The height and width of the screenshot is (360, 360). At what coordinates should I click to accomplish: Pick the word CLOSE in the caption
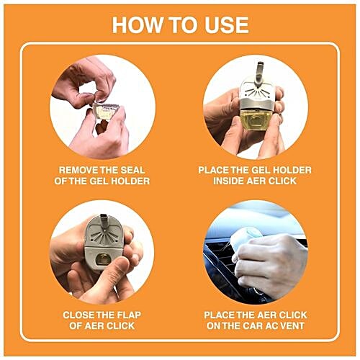click(x=81, y=315)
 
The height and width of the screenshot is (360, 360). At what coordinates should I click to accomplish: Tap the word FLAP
click(x=132, y=315)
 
